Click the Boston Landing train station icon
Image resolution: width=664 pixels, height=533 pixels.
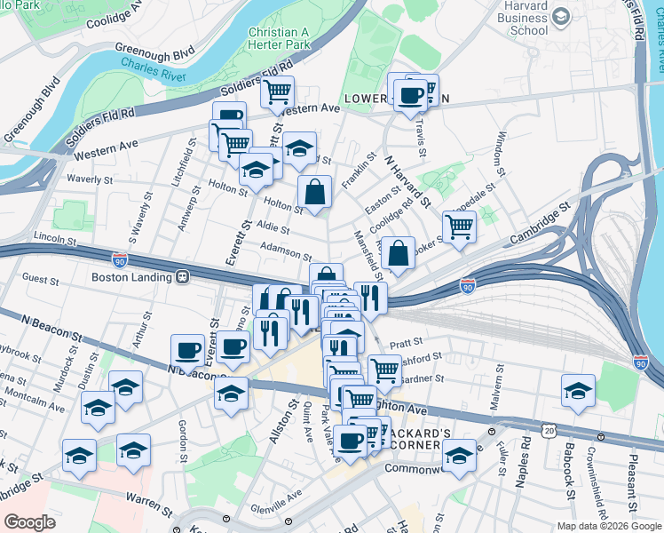pos(182,276)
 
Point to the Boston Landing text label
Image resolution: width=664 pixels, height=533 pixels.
pos(132,276)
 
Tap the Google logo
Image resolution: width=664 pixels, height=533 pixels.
pos(29,521)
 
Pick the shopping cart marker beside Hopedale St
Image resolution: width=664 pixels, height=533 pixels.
pos(459,226)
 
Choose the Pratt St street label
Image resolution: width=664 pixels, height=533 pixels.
pos(407,340)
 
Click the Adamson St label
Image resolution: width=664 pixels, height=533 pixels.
pos(286,253)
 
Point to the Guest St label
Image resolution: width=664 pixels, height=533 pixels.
pos(41,279)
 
